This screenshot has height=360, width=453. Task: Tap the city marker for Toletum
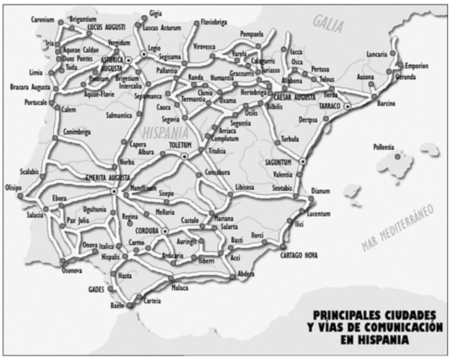[x=184, y=156]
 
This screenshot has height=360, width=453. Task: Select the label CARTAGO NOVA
[x=299, y=255]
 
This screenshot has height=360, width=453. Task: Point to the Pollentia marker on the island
[x=398, y=156]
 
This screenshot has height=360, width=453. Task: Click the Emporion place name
[x=416, y=66]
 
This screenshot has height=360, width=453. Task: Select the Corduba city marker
[x=165, y=231]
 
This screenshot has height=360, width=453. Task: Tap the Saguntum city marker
[x=302, y=161]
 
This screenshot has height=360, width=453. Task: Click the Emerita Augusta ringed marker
[x=114, y=191]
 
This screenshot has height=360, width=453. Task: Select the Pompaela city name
[x=252, y=36]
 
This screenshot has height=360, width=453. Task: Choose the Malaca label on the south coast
[x=180, y=288]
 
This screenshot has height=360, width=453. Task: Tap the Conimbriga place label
[x=77, y=133]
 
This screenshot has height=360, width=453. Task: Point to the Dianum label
[x=320, y=191]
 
